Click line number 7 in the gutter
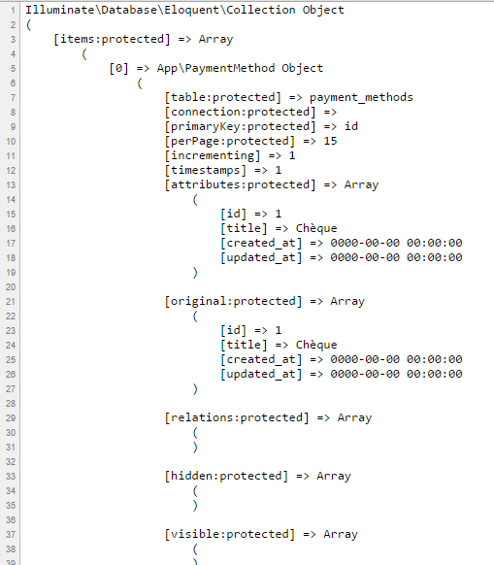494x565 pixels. [x=13, y=98]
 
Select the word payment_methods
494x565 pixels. [x=361, y=97]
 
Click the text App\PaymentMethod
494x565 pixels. [x=215, y=68]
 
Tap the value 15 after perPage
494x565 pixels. [x=330, y=141]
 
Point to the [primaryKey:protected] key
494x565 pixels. [x=240, y=126]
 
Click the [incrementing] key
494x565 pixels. [x=213, y=155]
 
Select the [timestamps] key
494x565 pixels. [x=206, y=170]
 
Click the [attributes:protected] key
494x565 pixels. [x=240, y=184]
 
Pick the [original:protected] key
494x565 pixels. [x=233, y=301]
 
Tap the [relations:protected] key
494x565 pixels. [x=237, y=417]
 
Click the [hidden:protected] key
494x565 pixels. [x=226, y=476]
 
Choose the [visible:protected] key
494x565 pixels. [x=229, y=534]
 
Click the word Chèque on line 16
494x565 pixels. [x=316, y=228]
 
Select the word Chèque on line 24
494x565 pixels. [x=316, y=345]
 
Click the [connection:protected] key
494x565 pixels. [x=240, y=112]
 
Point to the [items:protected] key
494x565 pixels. [x=112, y=39]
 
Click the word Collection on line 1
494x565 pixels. [x=261, y=10]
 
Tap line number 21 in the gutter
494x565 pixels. [x=11, y=302]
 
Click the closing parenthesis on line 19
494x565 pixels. [x=195, y=273]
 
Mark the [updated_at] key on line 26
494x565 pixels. [x=261, y=374]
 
